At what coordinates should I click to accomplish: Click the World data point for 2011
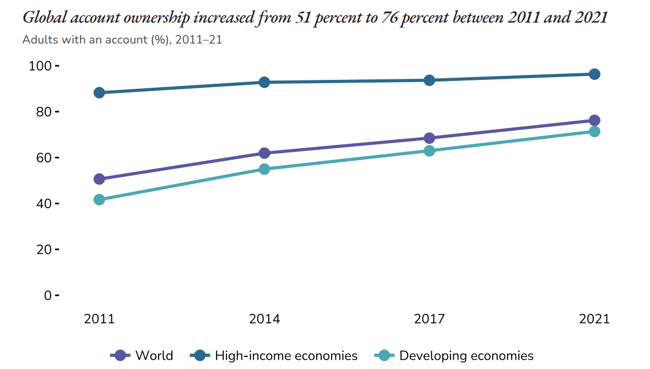[x=99, y=179]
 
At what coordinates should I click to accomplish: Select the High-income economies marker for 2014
[x=264, y=82]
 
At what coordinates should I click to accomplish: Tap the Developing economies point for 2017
[x=429, y=150]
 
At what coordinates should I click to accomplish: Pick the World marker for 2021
[x=594, y=121]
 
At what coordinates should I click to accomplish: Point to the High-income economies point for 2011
[x=99, y=93]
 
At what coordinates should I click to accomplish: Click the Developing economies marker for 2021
[x=594, y=132]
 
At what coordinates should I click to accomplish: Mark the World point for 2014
[x=264, y=153]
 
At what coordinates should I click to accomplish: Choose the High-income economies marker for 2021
[x=594, y=74]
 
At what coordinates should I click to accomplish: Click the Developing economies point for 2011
[x=99, y=199]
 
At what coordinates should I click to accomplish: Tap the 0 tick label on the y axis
[x=47, y=296]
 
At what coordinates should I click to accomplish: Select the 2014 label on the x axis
[x=264, y=319]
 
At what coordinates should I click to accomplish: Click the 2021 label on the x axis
[x=594, y=319]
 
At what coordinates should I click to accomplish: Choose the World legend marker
[x=121, y=356]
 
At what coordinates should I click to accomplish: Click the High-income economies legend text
[x=286, y=356]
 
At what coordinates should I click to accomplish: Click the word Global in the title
[x=42, y=18]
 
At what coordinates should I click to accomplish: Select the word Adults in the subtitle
[x=38, y=40]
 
